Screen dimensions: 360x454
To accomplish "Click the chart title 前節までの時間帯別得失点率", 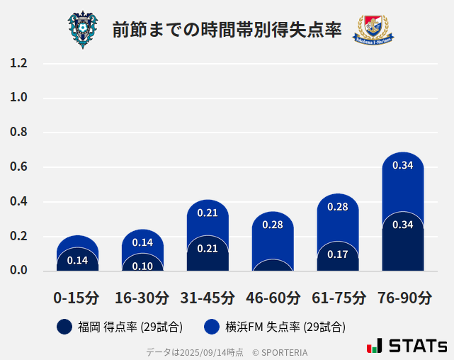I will click(x=227, y=30).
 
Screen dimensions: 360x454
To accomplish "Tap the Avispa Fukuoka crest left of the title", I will click(x=83, y=29).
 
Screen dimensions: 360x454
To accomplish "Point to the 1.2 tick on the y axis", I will click(x=18, y=63).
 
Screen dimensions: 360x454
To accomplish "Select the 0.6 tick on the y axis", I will click(x=18, y=167).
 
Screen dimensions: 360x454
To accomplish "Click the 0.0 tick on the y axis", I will click(x=18, y=270).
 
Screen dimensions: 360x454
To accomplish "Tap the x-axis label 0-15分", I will click(x=76, y=298).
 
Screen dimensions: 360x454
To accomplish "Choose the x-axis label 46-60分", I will click(x=273, y=298).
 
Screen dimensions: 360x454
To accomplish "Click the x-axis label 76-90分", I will click(x=403, y=298).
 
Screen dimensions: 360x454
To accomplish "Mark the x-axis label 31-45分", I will click(x=207, y=298).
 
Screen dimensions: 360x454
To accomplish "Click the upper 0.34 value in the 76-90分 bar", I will click(x=402, y=165).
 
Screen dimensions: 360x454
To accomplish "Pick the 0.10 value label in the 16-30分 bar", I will click(x=142, y=266).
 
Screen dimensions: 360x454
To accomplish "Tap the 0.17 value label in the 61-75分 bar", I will click(x=337, y=254).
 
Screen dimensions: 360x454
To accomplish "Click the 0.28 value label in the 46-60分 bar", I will click(x=273, y=225).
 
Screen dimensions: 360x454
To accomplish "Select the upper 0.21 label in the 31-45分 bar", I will click(x=208, y=213).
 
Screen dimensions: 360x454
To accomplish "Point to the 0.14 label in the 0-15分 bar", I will click(x=77, y=260).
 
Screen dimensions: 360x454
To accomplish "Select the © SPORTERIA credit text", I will click(x=280, y=352).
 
